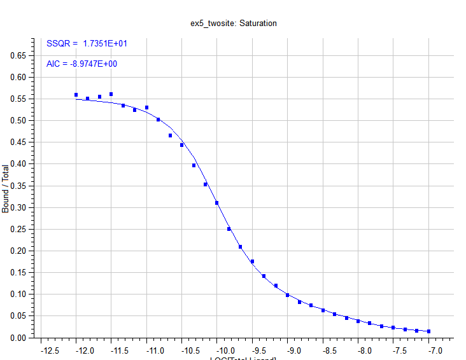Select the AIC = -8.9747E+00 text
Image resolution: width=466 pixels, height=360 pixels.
(81, 64)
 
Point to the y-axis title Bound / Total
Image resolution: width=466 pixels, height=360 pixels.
(6, 189)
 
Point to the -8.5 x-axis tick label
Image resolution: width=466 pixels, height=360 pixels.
(328, 350)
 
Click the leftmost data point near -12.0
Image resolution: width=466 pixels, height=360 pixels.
(76, 95)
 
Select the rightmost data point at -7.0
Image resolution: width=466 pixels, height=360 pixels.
(428, 331)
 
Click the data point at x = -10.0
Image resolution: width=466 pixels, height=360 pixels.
(217, 203)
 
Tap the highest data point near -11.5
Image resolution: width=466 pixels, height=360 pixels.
(111, 94)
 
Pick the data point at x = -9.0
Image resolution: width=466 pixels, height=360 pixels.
(287, 295)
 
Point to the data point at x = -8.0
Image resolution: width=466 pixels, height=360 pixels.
(358, 321)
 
